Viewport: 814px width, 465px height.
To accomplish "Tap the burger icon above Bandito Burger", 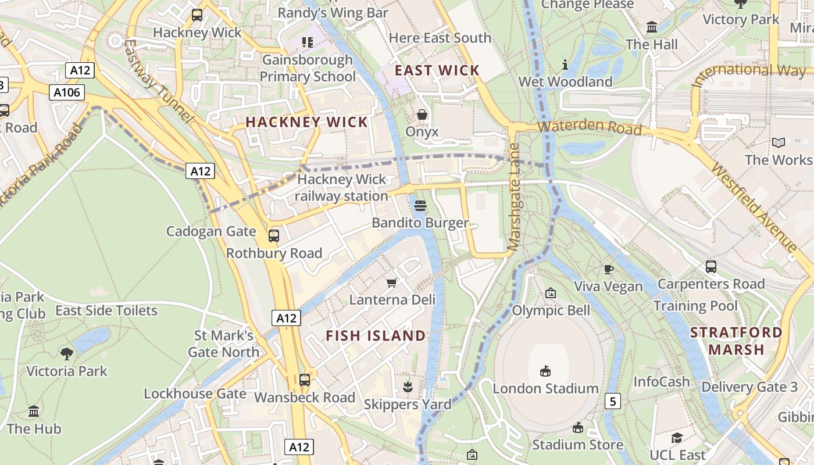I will coord(421,206).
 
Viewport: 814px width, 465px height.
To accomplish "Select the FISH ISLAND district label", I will coord(376,335).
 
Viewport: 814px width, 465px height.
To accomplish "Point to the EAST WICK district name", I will coord(437,70).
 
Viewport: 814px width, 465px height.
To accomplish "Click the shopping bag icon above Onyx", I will coord(422,115).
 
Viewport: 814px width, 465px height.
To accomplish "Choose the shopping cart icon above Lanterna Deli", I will coord(392,282).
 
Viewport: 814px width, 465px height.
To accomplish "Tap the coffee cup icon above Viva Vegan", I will coord(608,269).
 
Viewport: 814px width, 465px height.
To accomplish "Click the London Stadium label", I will coord(545,388).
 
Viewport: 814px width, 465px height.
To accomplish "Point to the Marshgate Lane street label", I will coord(514,198).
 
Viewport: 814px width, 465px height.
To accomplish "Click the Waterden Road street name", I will coord(589,127).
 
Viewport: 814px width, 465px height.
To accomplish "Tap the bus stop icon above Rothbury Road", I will coord(273,236).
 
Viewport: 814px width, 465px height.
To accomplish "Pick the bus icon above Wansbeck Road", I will coord(304,380).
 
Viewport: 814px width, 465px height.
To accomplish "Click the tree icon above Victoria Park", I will coord(67,353).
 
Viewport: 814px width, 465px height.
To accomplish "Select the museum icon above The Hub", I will coord(34,412).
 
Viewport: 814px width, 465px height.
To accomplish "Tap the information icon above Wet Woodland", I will coord(565,64).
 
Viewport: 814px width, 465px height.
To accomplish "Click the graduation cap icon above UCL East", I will coord(677,438).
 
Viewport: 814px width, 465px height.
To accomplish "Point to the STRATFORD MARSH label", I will coord(736,341).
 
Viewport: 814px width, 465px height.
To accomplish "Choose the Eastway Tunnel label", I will coord(158,81).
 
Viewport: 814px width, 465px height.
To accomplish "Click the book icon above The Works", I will coord(779,142).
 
